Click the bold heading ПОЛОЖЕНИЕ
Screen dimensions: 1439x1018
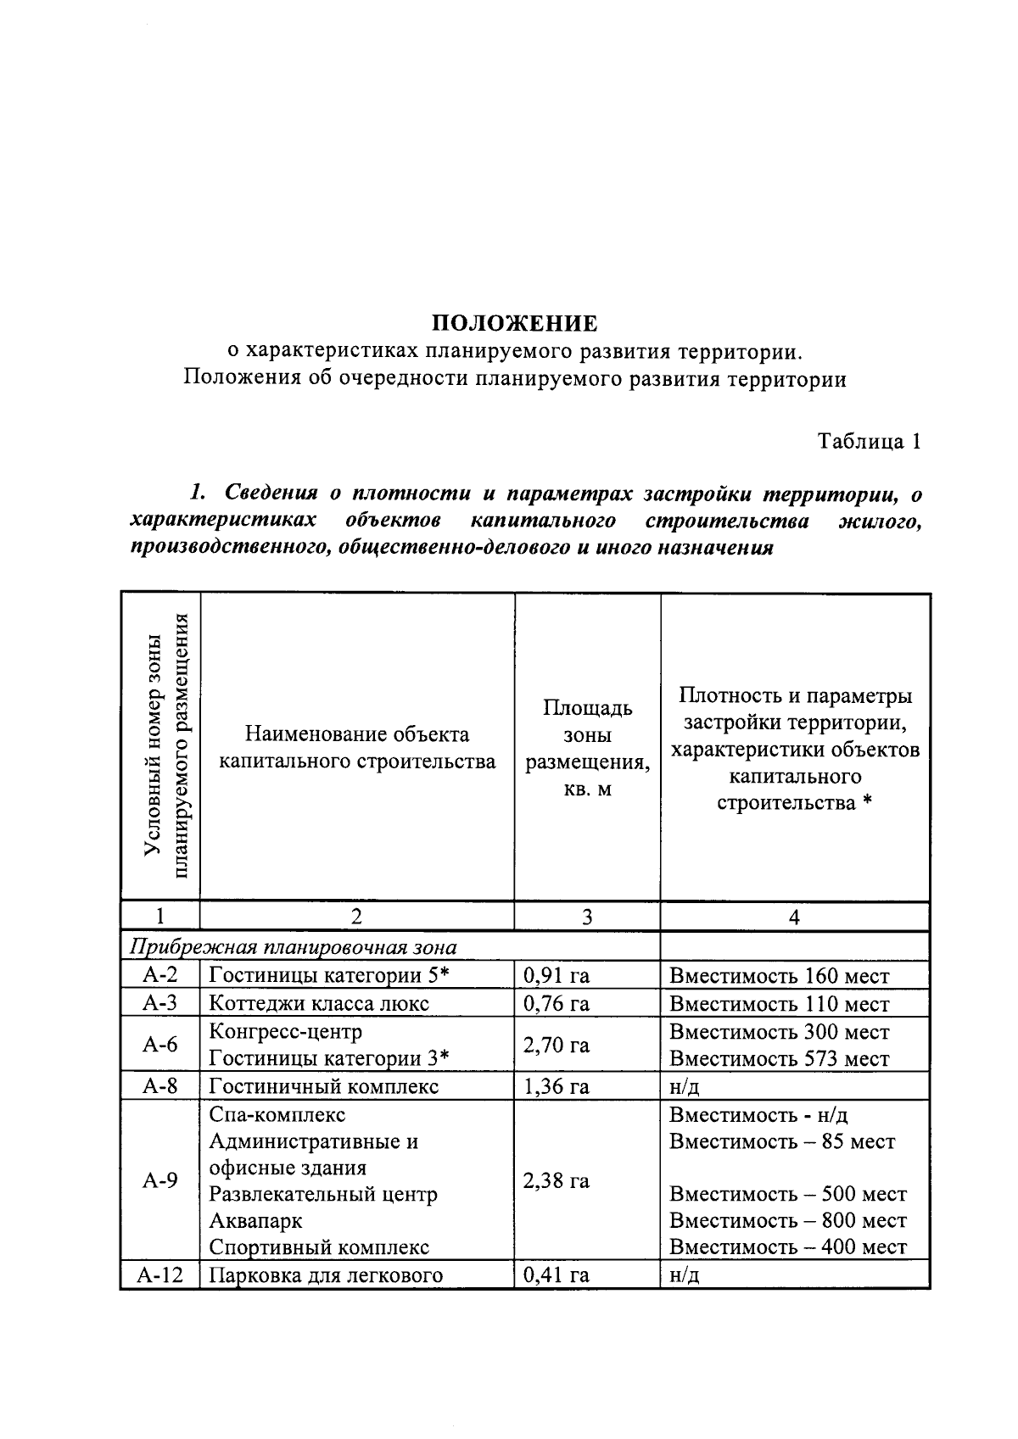[x=514, y=323]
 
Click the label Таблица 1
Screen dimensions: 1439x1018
[x=869, y=442]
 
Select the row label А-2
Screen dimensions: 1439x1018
[x=159, y=975]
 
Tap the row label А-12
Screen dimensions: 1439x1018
[x=160, y=1274]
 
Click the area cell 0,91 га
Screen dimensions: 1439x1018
[x=557, y=975]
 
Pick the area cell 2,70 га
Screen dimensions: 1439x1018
[x=557, y=1045]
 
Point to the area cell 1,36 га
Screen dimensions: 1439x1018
[x=557, y=1086]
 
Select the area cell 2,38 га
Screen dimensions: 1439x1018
[x=557, y=1180]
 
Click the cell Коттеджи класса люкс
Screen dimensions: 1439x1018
[x=319, y=1004]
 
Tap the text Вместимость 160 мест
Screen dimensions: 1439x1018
[x=779, y=976]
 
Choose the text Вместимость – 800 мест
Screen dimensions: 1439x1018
[x=787, y=1220]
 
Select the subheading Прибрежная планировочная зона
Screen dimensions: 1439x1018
[x=293, y=947]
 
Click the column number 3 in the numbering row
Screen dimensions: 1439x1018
[x=587, y=917]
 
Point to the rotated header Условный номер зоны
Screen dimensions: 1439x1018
[x=153, y=746]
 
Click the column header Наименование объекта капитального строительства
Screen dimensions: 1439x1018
[x=357, y=747]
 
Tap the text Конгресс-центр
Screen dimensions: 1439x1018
[x=285, y=1031]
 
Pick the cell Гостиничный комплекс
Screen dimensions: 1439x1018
[x=323, y=1086]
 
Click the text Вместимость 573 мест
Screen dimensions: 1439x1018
[x=779, y=1059]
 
